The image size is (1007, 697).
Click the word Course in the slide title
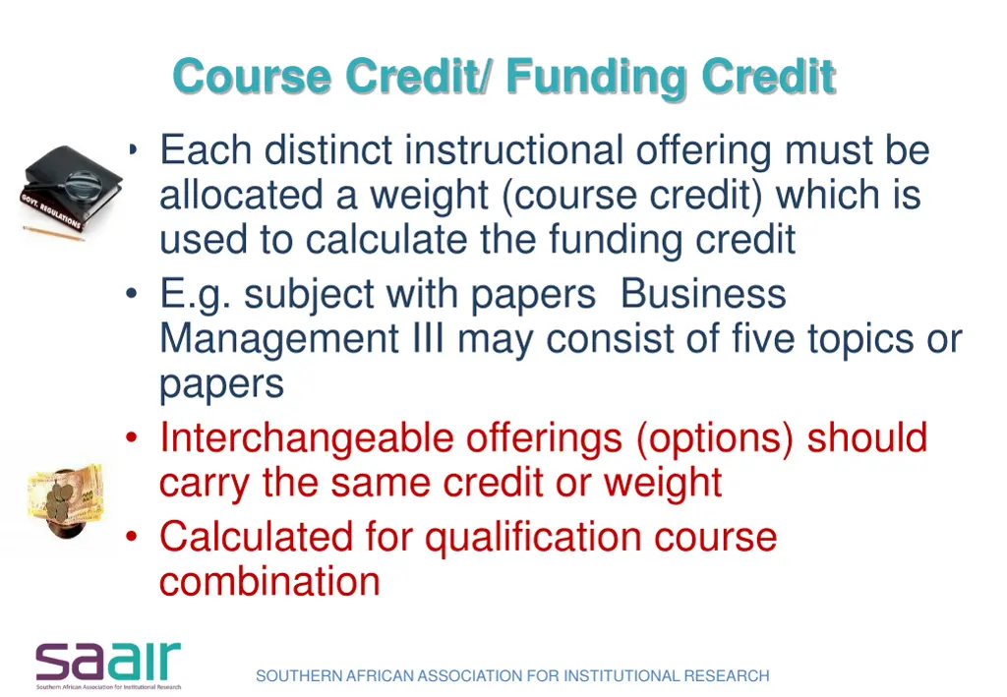click(x=251, y=77)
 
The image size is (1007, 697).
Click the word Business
click(x=703, y=294)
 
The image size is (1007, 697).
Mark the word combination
click(x=269, y=581)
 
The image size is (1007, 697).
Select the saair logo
click(x=108, y=665)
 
